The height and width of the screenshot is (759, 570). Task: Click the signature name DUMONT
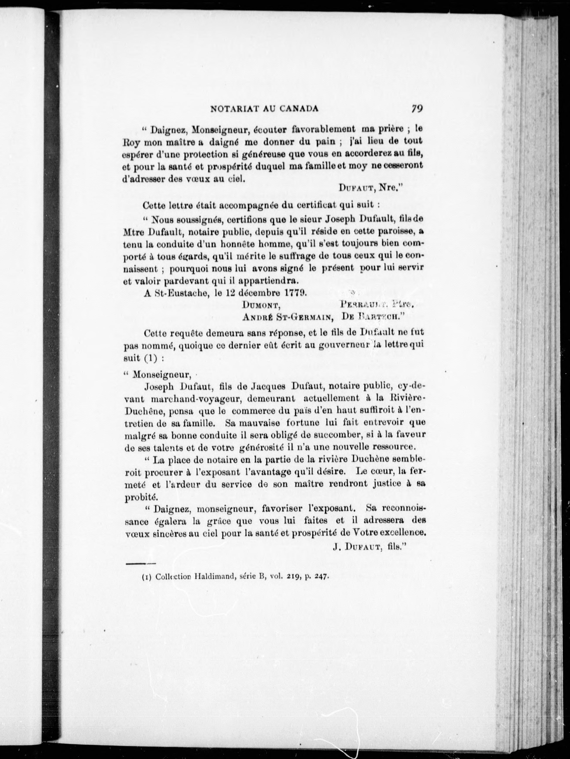262,305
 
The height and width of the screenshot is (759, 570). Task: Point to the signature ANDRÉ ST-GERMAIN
288,317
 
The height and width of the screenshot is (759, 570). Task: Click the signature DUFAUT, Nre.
369,188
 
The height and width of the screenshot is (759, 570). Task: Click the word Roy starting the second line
130,141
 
